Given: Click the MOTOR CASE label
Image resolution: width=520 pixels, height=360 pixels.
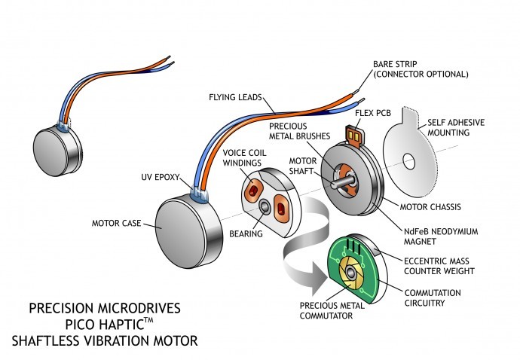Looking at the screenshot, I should point(117,222).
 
